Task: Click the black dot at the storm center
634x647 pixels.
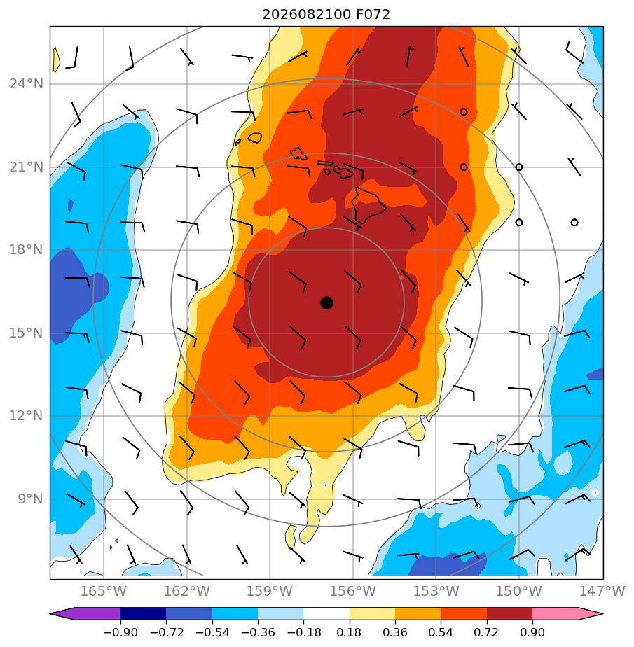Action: click(326, 302)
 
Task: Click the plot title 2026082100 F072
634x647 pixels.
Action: click(326, 15)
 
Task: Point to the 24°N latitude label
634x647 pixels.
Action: click(27, 84)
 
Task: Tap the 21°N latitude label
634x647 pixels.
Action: click(27, 167)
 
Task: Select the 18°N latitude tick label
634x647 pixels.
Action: click(27, 250)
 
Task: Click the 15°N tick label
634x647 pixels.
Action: click(27, 333)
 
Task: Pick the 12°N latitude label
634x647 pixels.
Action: click(27, 415)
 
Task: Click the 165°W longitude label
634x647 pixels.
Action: click(103, 591)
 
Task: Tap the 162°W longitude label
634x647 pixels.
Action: click(187, 591)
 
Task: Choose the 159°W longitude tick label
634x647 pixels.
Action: click(270, 591)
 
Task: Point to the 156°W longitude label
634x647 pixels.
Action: click(353, 591)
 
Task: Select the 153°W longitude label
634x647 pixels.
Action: click(436, 591)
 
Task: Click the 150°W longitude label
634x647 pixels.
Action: click(519, 591)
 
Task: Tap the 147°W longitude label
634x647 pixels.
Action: click(602, 591)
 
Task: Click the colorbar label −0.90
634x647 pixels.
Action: click(120, 632)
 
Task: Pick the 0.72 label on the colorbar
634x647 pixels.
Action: click(487, 632)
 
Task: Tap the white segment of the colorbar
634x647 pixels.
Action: click(326, 613)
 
